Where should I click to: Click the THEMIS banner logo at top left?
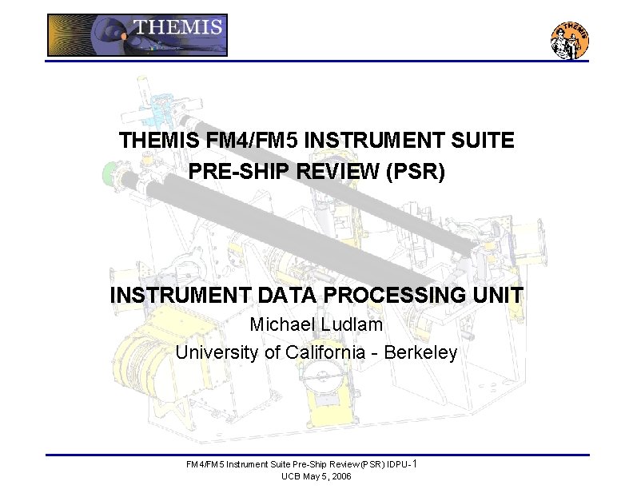(137, 35)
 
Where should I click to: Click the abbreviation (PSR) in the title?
(415, 171)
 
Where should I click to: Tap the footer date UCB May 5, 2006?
(316, 476)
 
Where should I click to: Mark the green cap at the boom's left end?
(109, 173)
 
